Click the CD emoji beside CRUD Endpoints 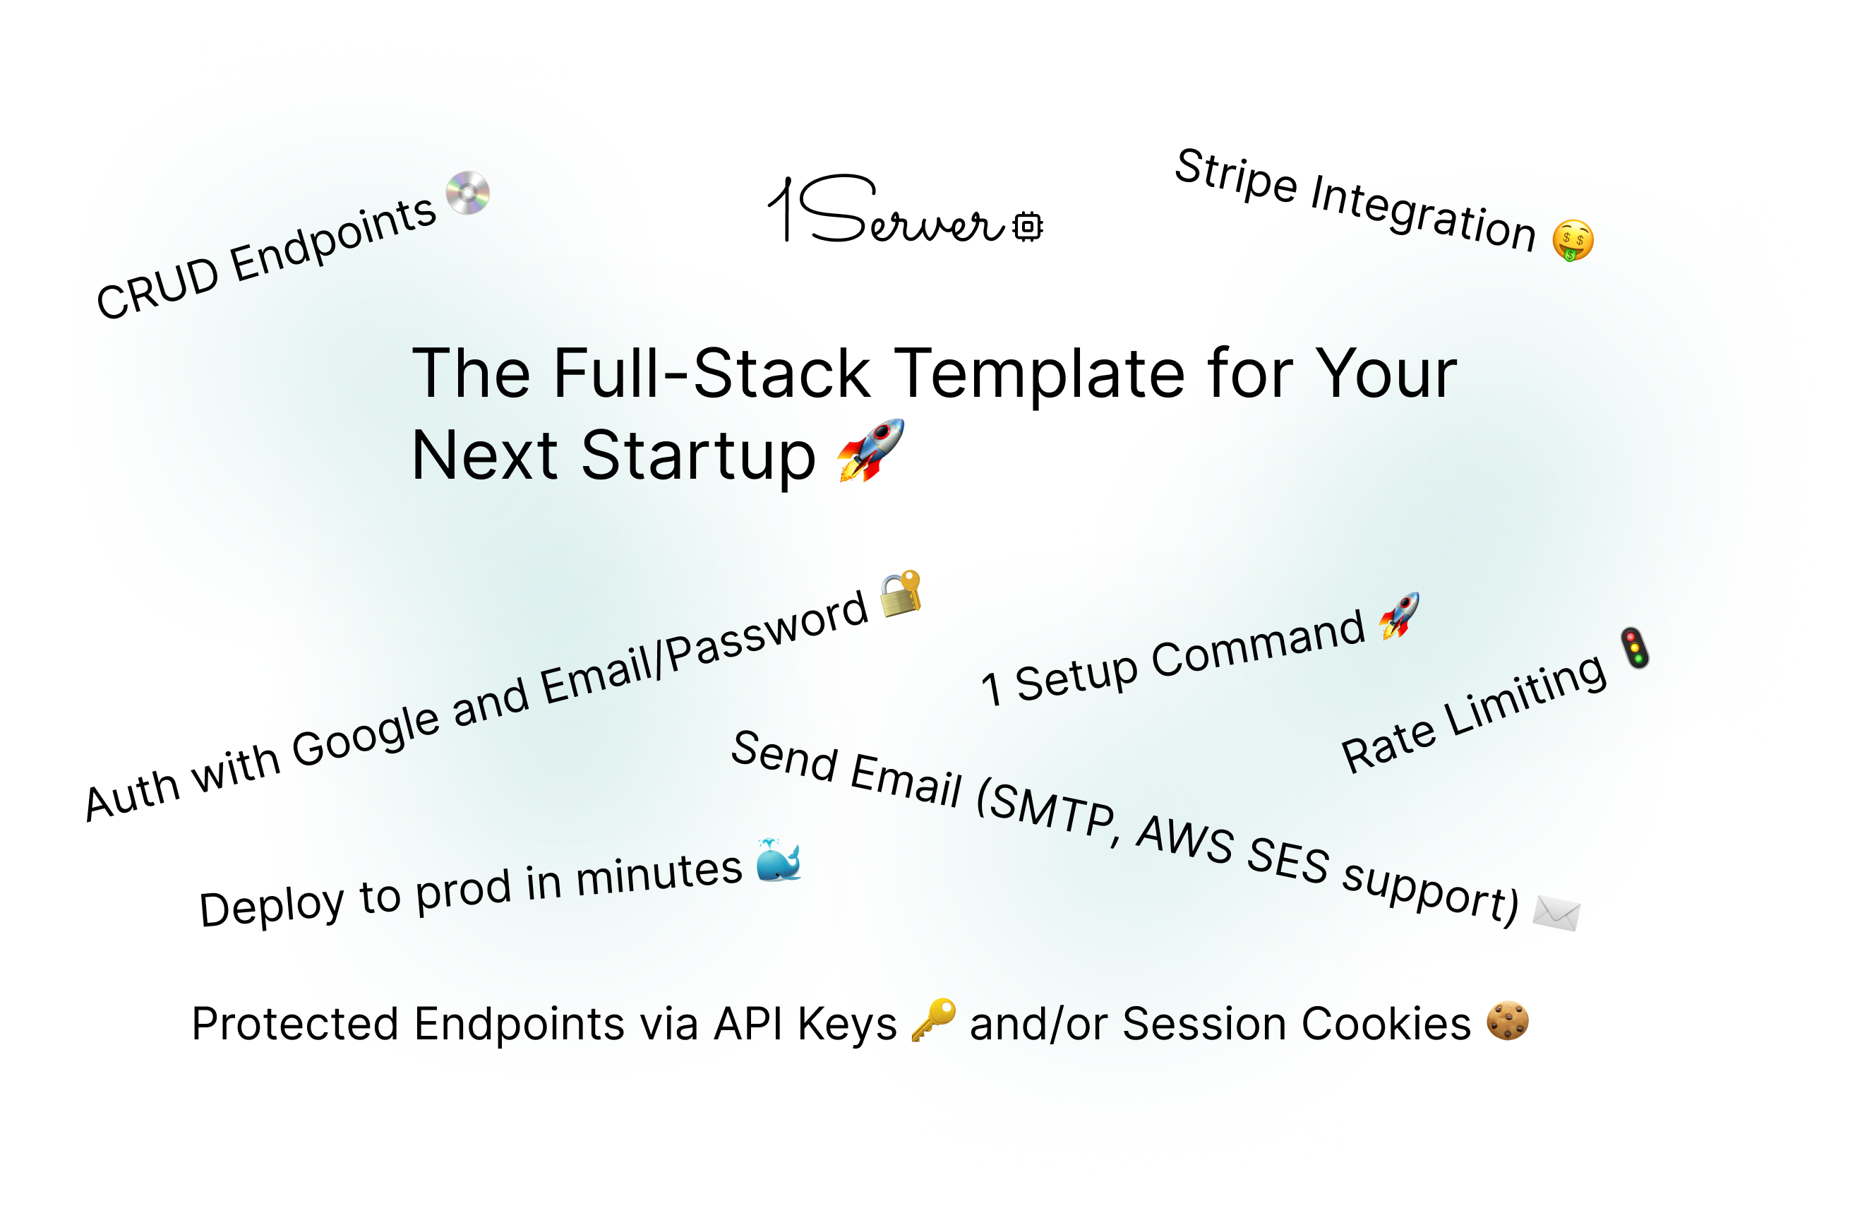[x=468, y=193]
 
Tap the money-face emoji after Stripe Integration [x=1573, y=240]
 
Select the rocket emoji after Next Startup [x=870, y=450]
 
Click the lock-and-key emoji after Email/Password [x=901, y=593]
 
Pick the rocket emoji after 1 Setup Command [x=1399, y=615]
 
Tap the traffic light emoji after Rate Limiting [x=1635, y=647]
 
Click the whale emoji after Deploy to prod [x=779, y=861]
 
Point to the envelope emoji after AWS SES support [x=1556, y=913]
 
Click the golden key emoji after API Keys [x=934, y=1019]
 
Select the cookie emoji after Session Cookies [x=1508, y=1020]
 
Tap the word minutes [x=659, y=875]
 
